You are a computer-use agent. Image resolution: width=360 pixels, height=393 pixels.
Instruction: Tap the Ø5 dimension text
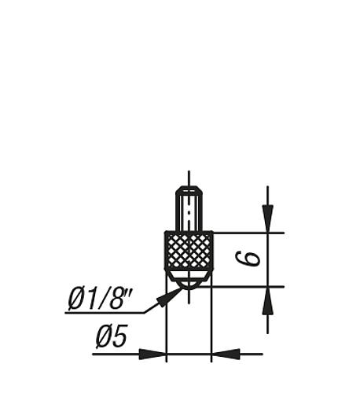pos(112,336)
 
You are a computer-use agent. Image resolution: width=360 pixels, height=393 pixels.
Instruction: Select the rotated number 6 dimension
pos(248,259)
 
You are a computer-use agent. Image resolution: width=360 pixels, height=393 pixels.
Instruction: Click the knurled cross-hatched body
pos(189,250)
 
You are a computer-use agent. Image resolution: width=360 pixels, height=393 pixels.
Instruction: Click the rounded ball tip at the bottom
pos(189,285)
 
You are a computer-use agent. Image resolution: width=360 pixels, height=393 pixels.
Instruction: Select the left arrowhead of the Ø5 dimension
pos(152,354)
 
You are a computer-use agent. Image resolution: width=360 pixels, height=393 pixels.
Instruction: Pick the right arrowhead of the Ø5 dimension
pos(226,354)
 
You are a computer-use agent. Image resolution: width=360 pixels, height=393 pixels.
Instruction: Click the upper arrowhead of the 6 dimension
pos(267,219)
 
